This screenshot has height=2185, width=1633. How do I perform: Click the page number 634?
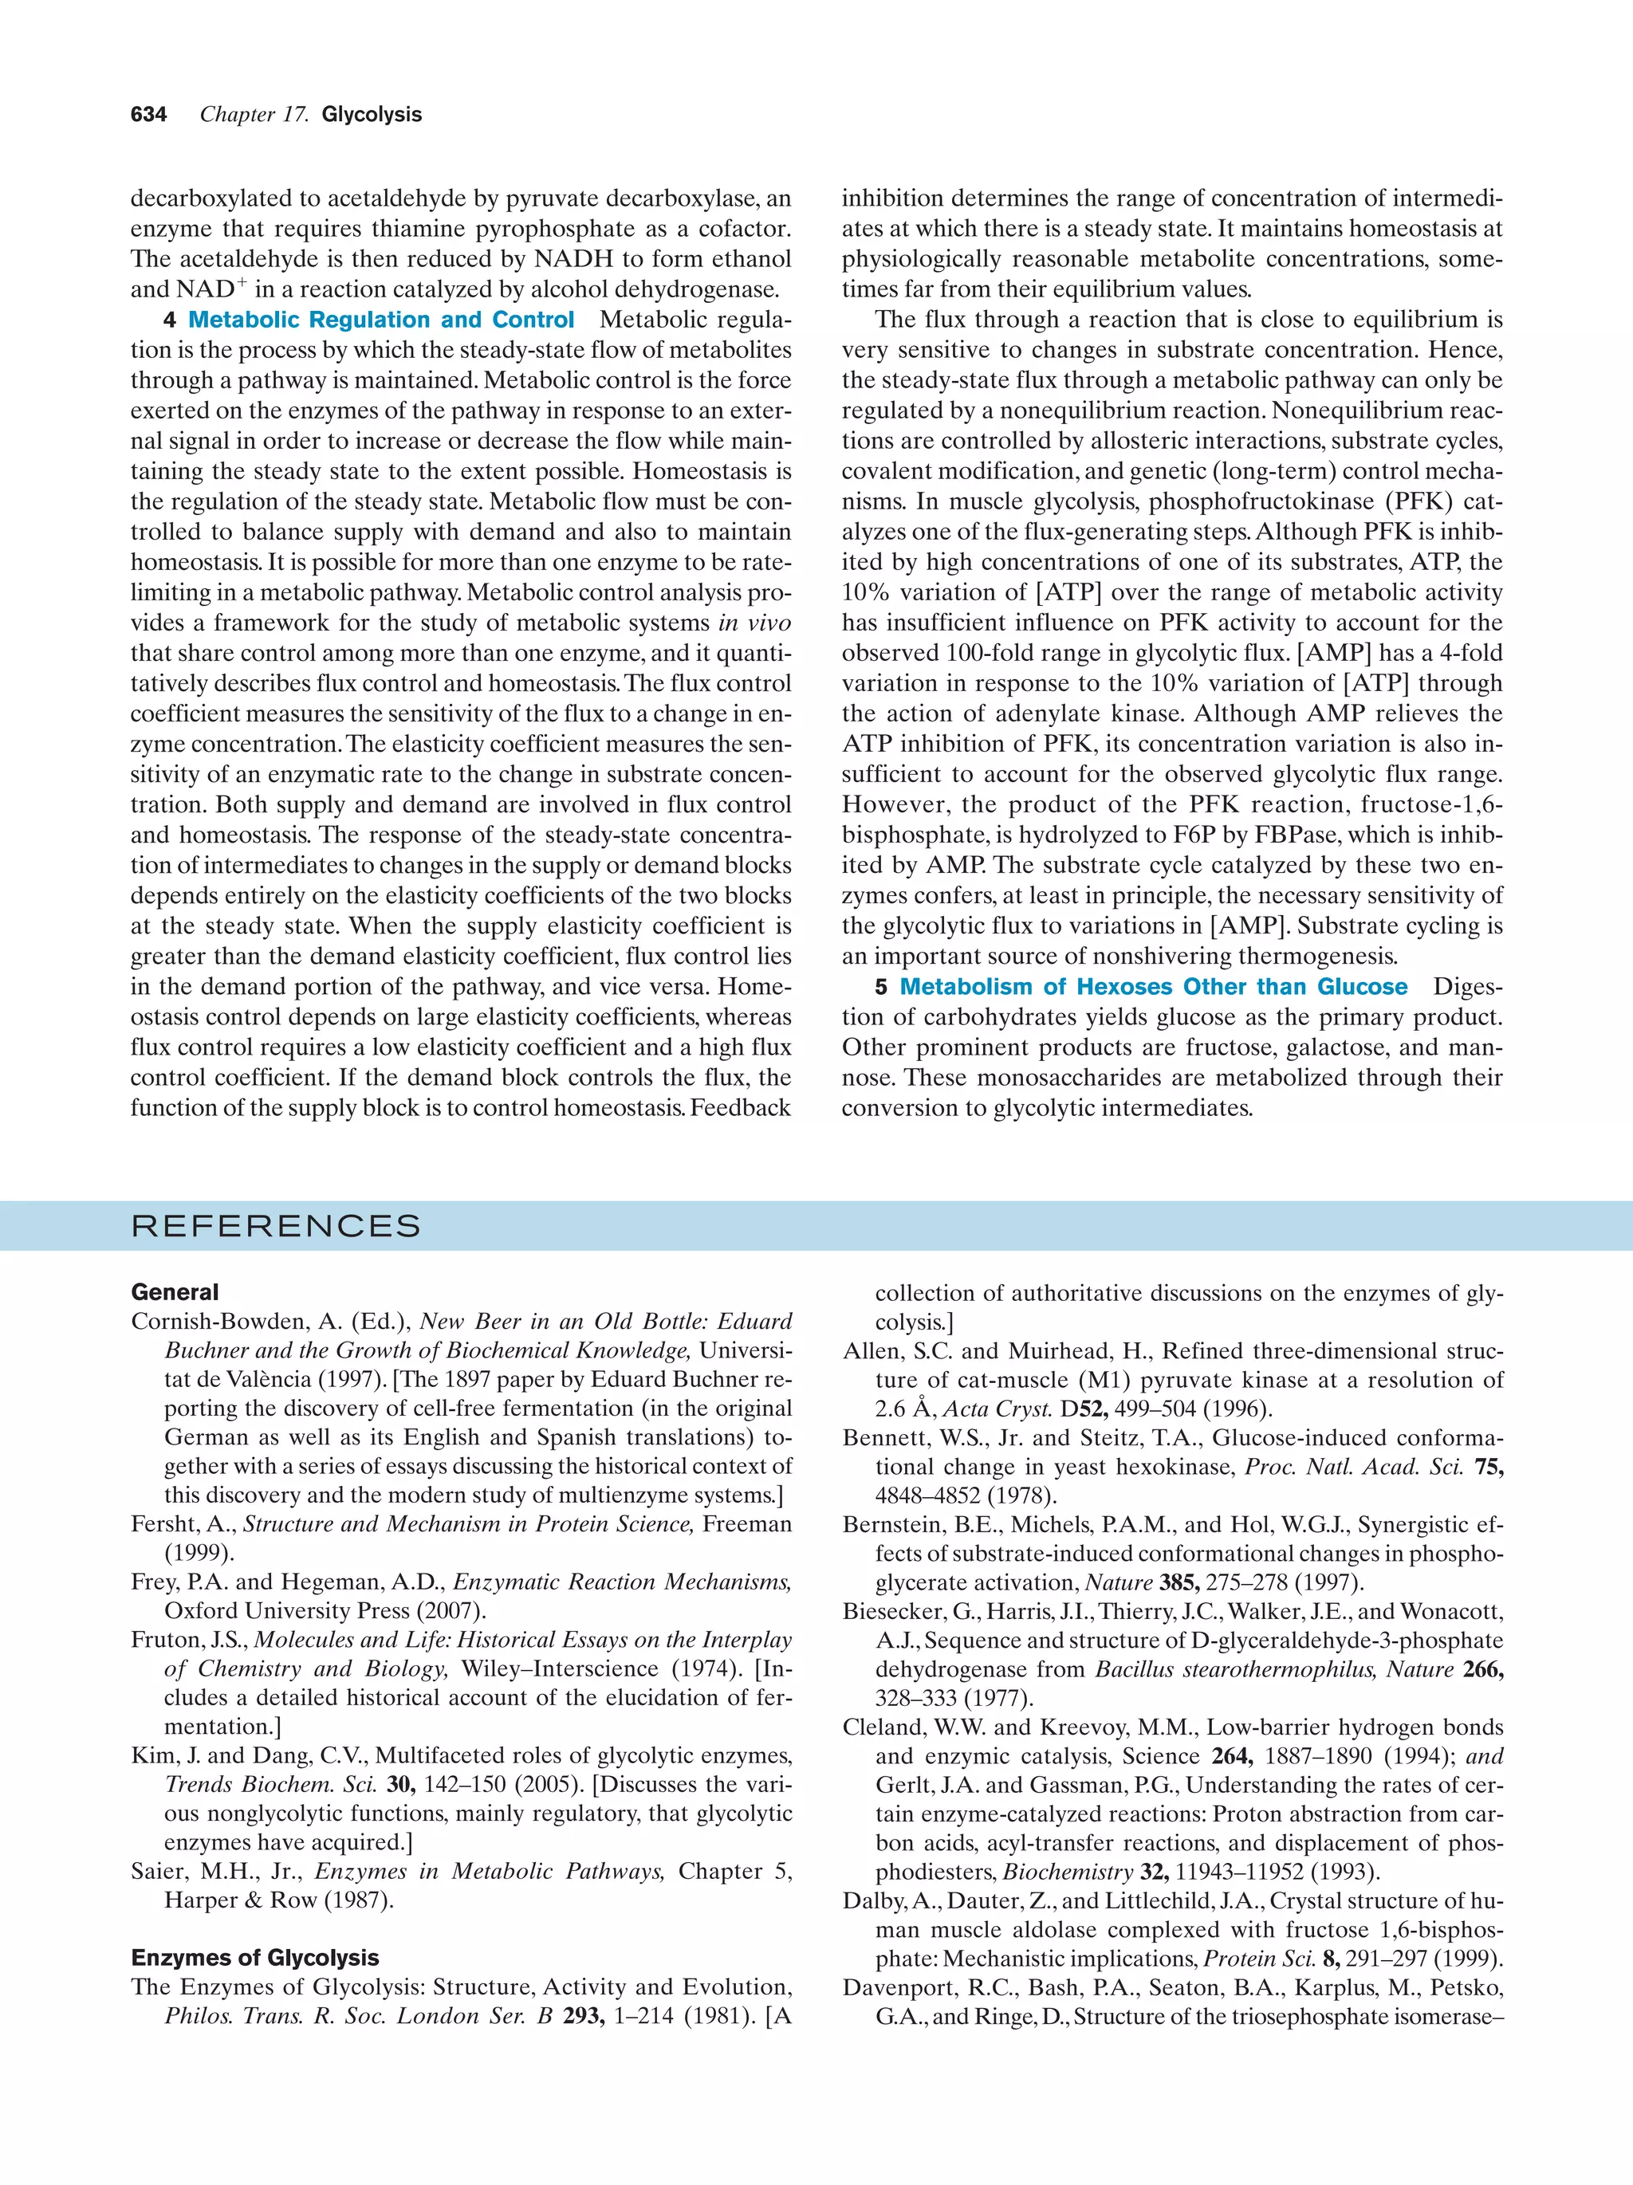coord(148,115)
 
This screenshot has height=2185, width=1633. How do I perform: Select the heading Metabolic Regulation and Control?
coord(380,320)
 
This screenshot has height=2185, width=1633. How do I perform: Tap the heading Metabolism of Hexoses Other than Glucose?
coord(1153,987)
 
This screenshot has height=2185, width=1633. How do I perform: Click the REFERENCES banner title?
coord(276,1227)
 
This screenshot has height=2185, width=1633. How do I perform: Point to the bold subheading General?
coord(175,1292)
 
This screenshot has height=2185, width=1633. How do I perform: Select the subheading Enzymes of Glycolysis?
coord(255,1958)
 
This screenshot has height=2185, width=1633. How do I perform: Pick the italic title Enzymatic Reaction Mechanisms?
coord(623,1582)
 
